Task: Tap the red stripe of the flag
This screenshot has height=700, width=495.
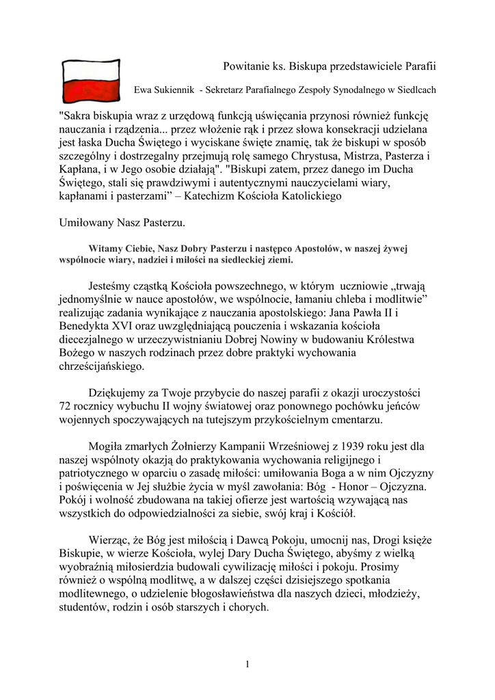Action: [x=91, y=92]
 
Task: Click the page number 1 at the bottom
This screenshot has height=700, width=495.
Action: [x=247, y=664]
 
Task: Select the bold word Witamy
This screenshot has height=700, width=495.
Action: [x=105, y=249]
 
